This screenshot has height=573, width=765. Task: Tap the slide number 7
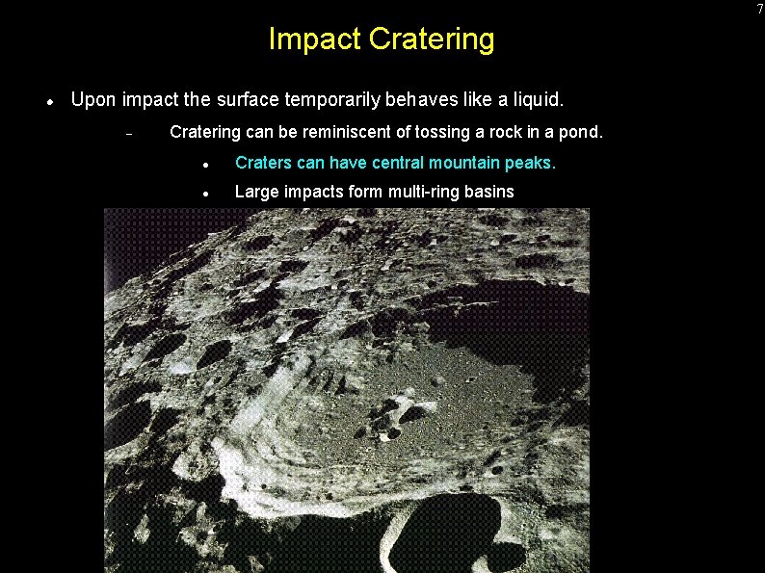click(759, 9)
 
